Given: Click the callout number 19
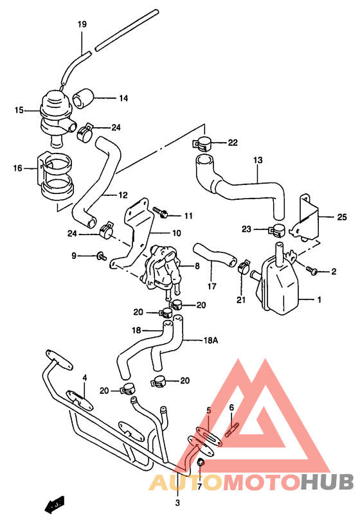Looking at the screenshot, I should [82, 25].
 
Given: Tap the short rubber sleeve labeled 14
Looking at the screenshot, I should [84, 99].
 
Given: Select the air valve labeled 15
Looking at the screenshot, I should [55, 110].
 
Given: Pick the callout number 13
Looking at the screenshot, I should [258, 159].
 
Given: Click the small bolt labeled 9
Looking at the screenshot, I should [102, 256].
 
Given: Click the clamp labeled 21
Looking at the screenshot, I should [243, 265].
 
